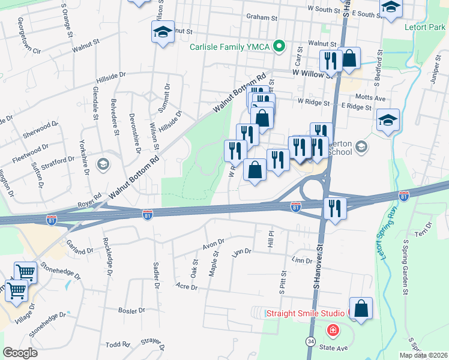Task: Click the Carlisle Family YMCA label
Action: click(x=231, y=46)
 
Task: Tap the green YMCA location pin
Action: click(x=279, y=46)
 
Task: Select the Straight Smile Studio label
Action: click(x=305, y=313)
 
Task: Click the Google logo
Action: click(x=20, y=353)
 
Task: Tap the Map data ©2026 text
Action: click(x=423, y=355)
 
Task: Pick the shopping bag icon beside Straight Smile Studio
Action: click(x=361, y=309)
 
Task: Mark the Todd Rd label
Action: click(x=118, y=344)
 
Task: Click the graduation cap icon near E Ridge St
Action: click(x=388, y=120)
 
